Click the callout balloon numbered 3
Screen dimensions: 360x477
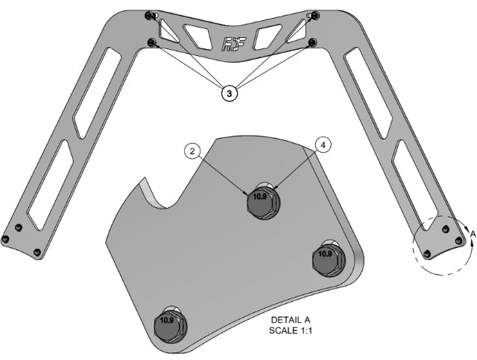click(x=230, y=93)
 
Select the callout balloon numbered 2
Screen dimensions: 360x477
click(x=192, y=151)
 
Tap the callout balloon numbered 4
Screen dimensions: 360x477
click(x=322, y=145)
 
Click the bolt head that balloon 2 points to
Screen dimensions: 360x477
click(x=262, y=200)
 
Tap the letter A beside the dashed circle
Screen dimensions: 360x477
click(x=471, y=234)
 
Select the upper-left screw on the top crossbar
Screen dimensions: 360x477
click(x=152, y=16)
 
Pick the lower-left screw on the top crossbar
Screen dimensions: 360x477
click(x=153, y=42)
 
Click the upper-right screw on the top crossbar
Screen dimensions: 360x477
click(x=314, y=16)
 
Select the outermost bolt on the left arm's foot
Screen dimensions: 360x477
click(x=6, y=239)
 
